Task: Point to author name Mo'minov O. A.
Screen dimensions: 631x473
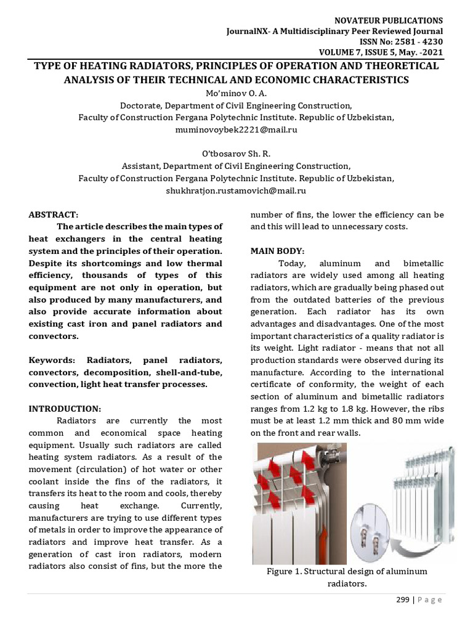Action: (236, 93)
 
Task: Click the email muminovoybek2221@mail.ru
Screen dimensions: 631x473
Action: (236, 131)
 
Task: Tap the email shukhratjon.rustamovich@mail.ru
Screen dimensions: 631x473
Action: (236, 191)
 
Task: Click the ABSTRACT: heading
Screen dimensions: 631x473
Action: (54, 214)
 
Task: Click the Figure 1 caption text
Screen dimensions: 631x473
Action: (347, 577)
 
